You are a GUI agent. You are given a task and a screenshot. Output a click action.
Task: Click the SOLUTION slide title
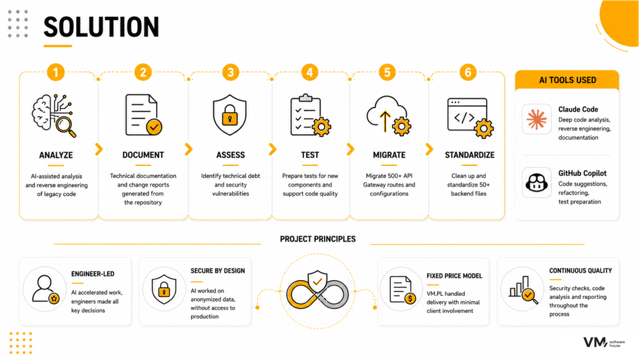click(101, 27)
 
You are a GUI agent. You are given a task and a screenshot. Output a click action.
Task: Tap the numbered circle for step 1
click(56, 72)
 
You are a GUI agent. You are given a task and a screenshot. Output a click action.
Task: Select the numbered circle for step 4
click(310, 72)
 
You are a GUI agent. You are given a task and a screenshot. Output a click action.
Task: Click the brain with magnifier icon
click(54, 115)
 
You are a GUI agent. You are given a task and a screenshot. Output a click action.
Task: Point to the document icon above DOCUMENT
click(144, 115)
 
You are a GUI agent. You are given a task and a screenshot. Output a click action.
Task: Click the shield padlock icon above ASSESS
click(230, 115)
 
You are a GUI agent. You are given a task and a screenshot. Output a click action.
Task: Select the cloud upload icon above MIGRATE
click(389, 115)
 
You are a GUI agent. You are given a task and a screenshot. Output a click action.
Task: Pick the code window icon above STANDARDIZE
click(471, 118)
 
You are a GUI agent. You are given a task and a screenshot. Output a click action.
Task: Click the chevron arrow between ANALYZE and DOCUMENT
click(99, 149)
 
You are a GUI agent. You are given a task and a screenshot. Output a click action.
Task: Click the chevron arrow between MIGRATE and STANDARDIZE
click(429, 149)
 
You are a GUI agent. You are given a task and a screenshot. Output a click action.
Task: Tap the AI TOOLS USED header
click(567, 80)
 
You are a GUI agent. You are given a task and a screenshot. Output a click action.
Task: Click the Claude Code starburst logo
click(536, 119)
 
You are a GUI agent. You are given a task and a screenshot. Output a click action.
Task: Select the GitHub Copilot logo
click(536, 182)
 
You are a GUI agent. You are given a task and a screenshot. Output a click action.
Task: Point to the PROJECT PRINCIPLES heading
click(318, 239)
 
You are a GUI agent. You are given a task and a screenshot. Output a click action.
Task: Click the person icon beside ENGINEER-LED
click(46, 289)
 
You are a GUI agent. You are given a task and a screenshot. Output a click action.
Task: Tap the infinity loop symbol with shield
click(318, 291)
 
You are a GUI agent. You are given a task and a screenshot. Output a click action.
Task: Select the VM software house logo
click(604, 343)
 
